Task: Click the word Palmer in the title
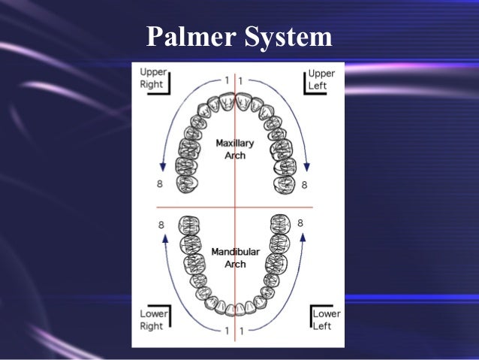pos(190,36)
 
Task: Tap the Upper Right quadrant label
pos(152,78)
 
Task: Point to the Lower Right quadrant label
pos(152,319)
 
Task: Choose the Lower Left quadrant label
pos(327,319)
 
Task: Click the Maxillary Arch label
pos(235,148)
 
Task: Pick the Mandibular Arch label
pos(235,257)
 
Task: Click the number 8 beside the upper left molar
pos(304,184)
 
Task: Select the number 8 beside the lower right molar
pos(161,224)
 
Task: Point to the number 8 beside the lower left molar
pos(300,223)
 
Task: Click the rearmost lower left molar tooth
pos(280,223)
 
